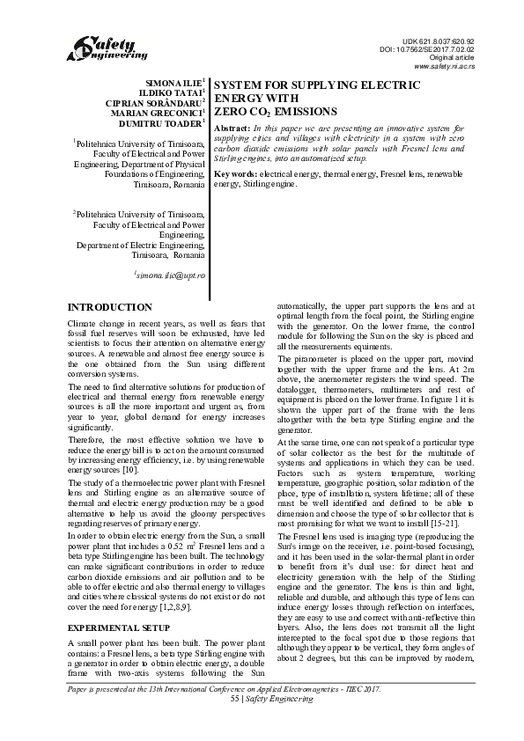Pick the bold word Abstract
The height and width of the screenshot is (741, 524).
point(232,129)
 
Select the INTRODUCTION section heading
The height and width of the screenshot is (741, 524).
point(110,307)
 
